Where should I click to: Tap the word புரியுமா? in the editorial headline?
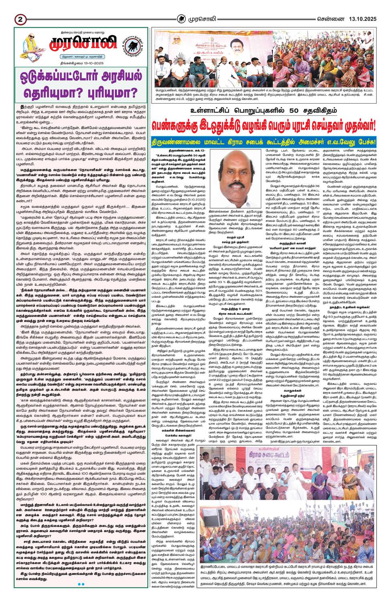coord(108,93)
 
